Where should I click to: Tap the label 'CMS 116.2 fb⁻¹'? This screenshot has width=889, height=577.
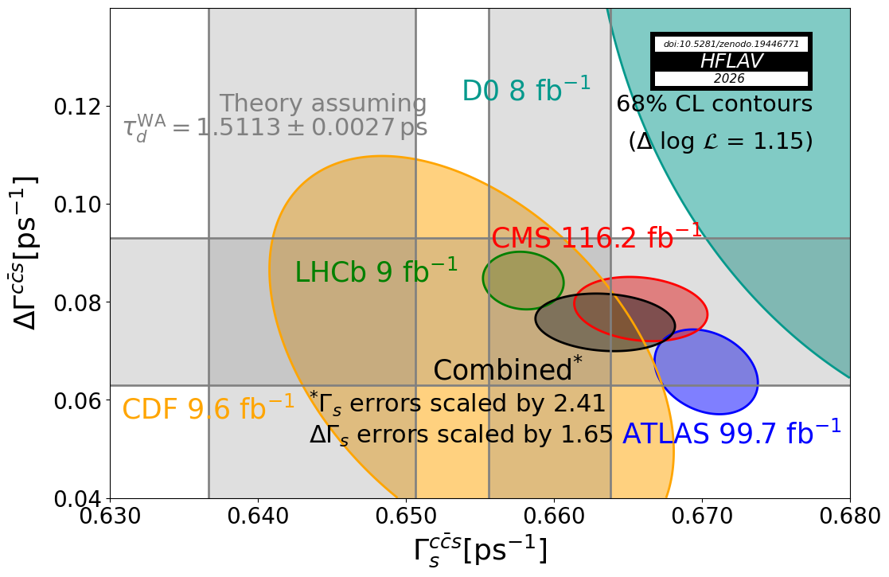[596, 237]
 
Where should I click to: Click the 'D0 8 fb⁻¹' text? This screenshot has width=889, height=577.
[526, 90]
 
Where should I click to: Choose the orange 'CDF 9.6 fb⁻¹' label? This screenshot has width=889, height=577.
[208, 408]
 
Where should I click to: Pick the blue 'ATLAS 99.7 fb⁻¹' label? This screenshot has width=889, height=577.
[731, 433]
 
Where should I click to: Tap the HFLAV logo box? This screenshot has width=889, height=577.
[731, 61]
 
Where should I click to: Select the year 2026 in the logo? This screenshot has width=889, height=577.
[731, 79]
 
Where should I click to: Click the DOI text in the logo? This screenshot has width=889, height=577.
[731, 44]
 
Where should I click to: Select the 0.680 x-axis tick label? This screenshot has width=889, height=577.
[850, 517]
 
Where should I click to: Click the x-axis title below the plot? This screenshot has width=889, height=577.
[480, 550]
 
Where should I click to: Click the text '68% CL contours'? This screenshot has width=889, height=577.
[714, 104]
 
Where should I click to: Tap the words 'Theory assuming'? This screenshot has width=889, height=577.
[322, 103]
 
